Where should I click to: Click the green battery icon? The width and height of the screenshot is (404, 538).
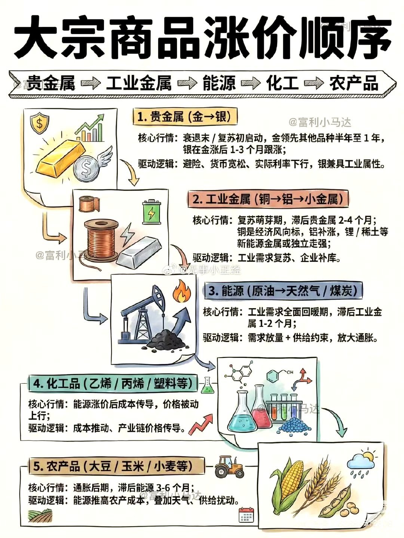click(152, 213)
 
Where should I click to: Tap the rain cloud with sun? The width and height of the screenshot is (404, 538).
click(361, 461)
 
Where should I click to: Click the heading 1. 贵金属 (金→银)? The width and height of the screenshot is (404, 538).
click(185, 117)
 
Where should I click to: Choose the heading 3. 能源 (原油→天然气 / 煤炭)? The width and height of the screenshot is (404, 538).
click(283, 291)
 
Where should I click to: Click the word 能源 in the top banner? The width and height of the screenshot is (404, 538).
click(220, 83)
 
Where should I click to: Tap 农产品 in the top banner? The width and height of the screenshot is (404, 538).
click(353, 83)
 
